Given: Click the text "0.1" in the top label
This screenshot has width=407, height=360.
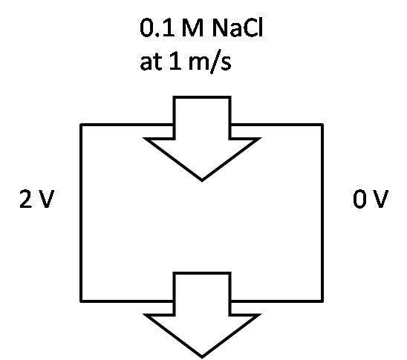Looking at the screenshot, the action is click(x=157, y=28).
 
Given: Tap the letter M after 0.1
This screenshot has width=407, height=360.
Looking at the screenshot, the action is click(x=192, y=28).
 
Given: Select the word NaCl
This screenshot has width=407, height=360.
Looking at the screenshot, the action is click(x=238, y=27).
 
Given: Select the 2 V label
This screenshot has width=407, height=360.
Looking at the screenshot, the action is click(x=37, y=199).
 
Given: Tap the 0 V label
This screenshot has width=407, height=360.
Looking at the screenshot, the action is click(x=371, y=199).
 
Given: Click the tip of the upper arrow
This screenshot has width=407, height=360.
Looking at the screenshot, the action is click(x=202, y=181).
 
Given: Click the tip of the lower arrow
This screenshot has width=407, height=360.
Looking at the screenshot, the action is click(x=202, y=357).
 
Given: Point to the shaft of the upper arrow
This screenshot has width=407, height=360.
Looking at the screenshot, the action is click(x=202, y=118).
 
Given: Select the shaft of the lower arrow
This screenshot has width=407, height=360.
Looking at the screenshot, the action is click(x=202, y=294).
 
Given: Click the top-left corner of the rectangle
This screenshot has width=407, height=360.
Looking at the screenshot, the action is click(x=81, y=125).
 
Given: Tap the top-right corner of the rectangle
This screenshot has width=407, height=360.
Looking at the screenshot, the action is click(x=322, y=125).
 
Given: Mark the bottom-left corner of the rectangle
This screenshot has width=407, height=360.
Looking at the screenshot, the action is click(x=81, y=301).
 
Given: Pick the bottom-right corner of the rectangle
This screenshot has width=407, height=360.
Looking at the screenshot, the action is click(x=322, y=301).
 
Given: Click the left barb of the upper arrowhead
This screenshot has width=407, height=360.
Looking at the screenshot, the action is click(x=145, y=139).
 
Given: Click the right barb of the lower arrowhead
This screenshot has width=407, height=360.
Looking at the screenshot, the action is click(x=259, y=315).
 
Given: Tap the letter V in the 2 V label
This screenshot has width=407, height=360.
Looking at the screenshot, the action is click(x=46, y=199).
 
